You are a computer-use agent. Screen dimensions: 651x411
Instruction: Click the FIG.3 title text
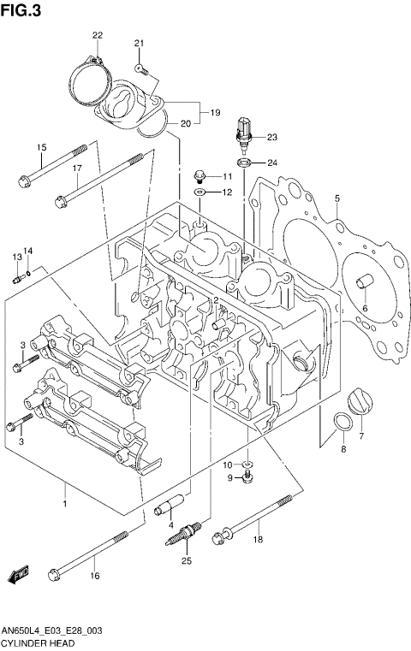point(21,9)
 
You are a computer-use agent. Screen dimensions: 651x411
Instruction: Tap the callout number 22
point(98,34)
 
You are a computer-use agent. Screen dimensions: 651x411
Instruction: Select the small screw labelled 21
point(140,66)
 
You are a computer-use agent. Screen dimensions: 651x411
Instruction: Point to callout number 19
point(216,112)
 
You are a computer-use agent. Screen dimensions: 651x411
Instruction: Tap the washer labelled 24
point(243,163)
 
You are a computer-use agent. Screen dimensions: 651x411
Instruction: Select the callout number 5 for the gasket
point(337,198)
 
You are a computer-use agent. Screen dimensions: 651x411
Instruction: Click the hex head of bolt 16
point(56,573)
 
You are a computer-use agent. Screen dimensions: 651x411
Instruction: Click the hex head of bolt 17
point(61,202)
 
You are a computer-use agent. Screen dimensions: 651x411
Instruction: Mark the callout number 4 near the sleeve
point(171,524)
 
